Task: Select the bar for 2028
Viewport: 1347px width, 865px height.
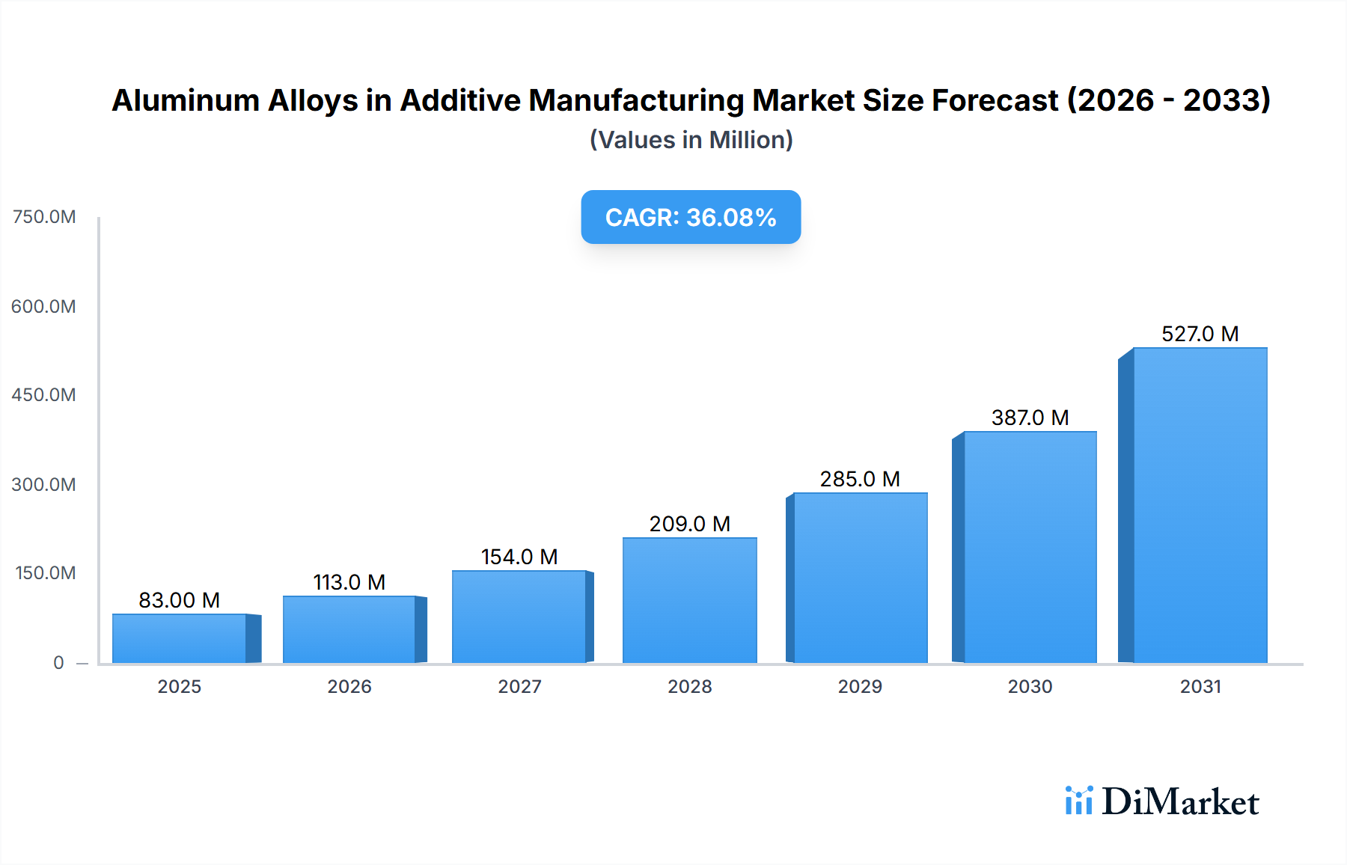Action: coord(689,600)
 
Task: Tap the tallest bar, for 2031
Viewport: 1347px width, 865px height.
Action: coord(1200,505)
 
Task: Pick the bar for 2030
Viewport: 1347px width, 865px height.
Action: coord(1030,547)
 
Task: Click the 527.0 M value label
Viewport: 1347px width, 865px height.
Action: coord(1200,334)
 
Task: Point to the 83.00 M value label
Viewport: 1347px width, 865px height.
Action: coord(179,600)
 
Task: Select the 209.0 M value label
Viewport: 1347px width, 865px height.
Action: coord(689,524)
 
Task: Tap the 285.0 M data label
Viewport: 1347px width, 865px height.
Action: coord(860,479)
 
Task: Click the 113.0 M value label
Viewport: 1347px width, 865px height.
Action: coord(349,582)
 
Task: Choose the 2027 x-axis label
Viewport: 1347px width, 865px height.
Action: coord(519,686)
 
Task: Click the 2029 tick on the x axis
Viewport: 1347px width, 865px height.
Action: coord(860,686)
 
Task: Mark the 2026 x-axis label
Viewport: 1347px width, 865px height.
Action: coord(349,686)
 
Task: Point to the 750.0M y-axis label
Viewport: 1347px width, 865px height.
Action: coord(44,217)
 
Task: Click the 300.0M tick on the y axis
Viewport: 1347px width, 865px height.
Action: coord(44,484)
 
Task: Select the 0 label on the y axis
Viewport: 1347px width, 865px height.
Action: coord(58,662)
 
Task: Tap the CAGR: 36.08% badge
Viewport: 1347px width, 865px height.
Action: coord(691,217)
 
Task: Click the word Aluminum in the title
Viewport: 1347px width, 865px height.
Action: coord(185,100)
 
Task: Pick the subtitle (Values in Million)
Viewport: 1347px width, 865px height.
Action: coord(691,140)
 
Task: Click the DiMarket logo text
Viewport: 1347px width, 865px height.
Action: coord(1180,802)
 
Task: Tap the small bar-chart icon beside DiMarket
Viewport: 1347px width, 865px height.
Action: coord(1078,801)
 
